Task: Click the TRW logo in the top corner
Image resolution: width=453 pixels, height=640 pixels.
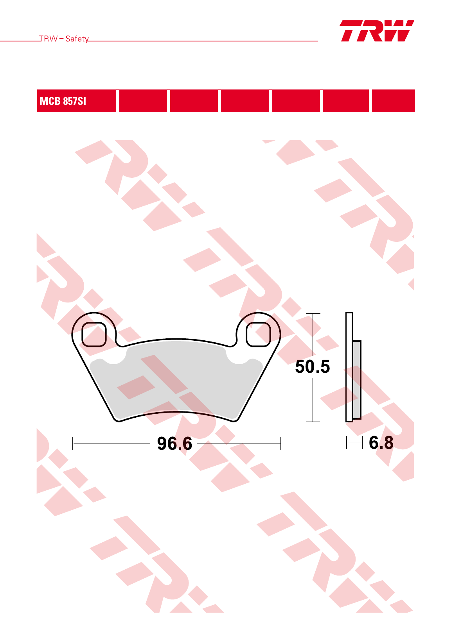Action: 377,31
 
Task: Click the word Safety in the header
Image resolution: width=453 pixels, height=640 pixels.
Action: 77,39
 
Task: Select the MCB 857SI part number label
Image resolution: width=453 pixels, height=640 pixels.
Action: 63,101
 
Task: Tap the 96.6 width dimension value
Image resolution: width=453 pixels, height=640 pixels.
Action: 174,443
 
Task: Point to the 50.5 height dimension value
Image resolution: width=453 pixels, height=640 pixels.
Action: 312,366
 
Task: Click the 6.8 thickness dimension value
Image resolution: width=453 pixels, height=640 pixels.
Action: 381,443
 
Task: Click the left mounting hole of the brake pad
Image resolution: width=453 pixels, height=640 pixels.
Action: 94,334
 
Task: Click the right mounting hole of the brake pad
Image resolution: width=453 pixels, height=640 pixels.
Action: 258,334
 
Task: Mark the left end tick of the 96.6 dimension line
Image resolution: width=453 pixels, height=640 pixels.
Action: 73,443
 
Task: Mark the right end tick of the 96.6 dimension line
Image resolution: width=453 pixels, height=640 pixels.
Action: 280,443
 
